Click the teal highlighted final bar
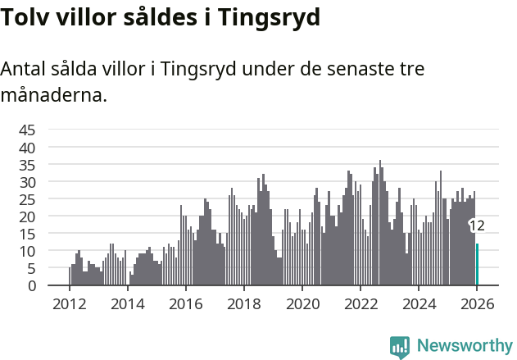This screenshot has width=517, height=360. [x=478, y=265]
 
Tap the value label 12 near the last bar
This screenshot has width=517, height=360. [x=477, y=226]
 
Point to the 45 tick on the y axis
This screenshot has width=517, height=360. [x=28, y=130]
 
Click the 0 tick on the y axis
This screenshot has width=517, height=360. [x=32, y=285]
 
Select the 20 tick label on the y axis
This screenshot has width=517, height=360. [x=28, y=216]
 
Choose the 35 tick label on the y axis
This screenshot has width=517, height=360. [x=28, y=164]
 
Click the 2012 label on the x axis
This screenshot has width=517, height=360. [x=69, y=303]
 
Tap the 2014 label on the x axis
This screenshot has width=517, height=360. [x=127, y=303]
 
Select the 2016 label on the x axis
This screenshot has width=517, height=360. [x=185, y=303]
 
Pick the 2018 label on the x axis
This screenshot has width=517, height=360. [x=243, y=303]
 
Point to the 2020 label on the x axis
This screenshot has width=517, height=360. [x=302, y=303]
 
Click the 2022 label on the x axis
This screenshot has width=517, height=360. [x=361, y=303]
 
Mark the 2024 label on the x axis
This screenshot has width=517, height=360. [x=419, y=303]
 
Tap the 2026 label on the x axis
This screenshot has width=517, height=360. [x=477, y=303]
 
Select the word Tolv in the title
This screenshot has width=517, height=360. [x=24, y=16]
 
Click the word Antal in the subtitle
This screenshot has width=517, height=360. [x=25, y=70]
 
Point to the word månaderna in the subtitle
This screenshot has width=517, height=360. [x=53, y=96]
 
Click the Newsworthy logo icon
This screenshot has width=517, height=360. [x=400, y=346]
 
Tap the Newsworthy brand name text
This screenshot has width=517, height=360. [x=465, y=346]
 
